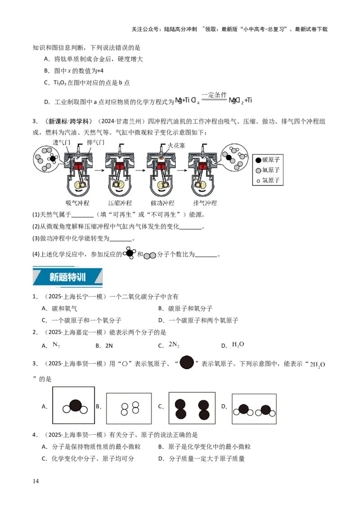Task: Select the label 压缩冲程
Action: (120, 203)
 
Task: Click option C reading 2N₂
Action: (174, 345)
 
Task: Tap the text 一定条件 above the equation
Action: (214, 95)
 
